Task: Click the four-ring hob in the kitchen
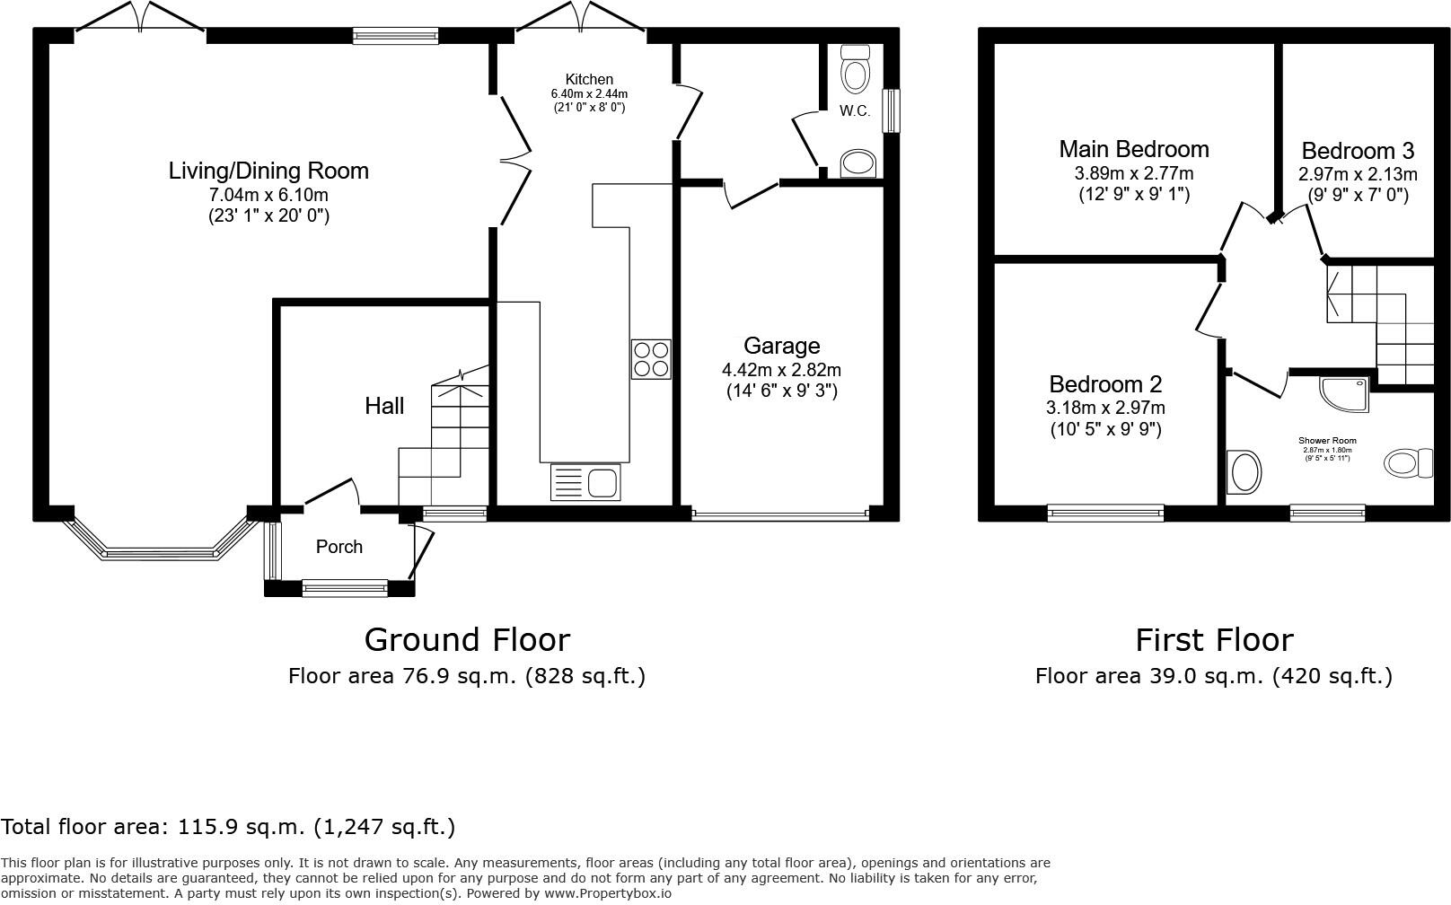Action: coord(651,358)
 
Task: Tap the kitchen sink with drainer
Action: coord(585,482)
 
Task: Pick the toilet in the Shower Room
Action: coord(1406,463)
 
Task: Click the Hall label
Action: coord(384,406)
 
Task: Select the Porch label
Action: coord(339,547)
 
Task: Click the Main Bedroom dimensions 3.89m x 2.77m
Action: coord(1134,173)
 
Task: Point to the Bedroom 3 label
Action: coord(1358,150)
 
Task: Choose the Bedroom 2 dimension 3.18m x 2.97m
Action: coord(1105,408)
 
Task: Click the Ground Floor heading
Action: coord(467,639)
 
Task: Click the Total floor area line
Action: coord(228,826)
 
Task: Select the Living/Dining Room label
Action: coord(268,171)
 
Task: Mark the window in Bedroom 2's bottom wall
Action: coord(1105,513)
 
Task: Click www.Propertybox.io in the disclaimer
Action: coord(607,893)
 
